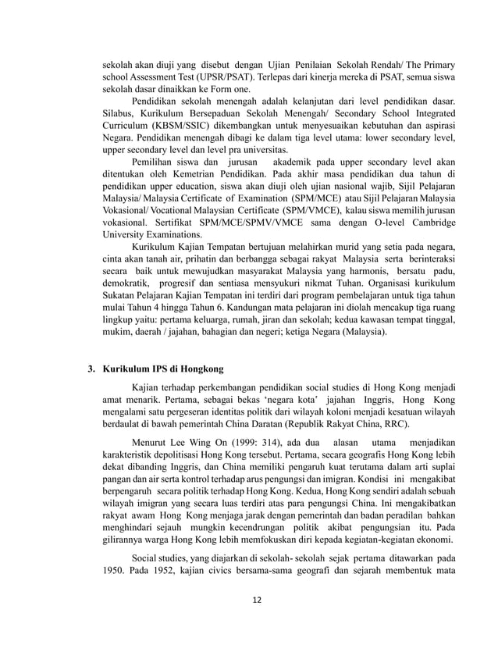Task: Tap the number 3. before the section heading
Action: (x=91, y=369)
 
